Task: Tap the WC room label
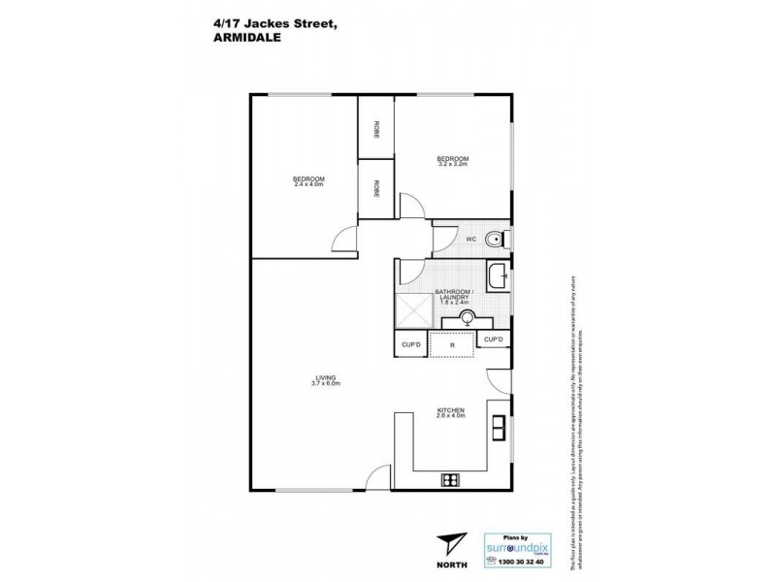(469, 238)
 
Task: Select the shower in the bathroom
(411, 312)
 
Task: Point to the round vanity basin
(467, 317)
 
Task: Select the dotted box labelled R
(452, 344)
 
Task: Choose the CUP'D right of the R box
(494, 339)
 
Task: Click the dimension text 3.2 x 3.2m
(452, 165)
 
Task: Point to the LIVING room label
(310, 379)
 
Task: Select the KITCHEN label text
(452, 410)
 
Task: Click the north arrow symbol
(448, 544)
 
